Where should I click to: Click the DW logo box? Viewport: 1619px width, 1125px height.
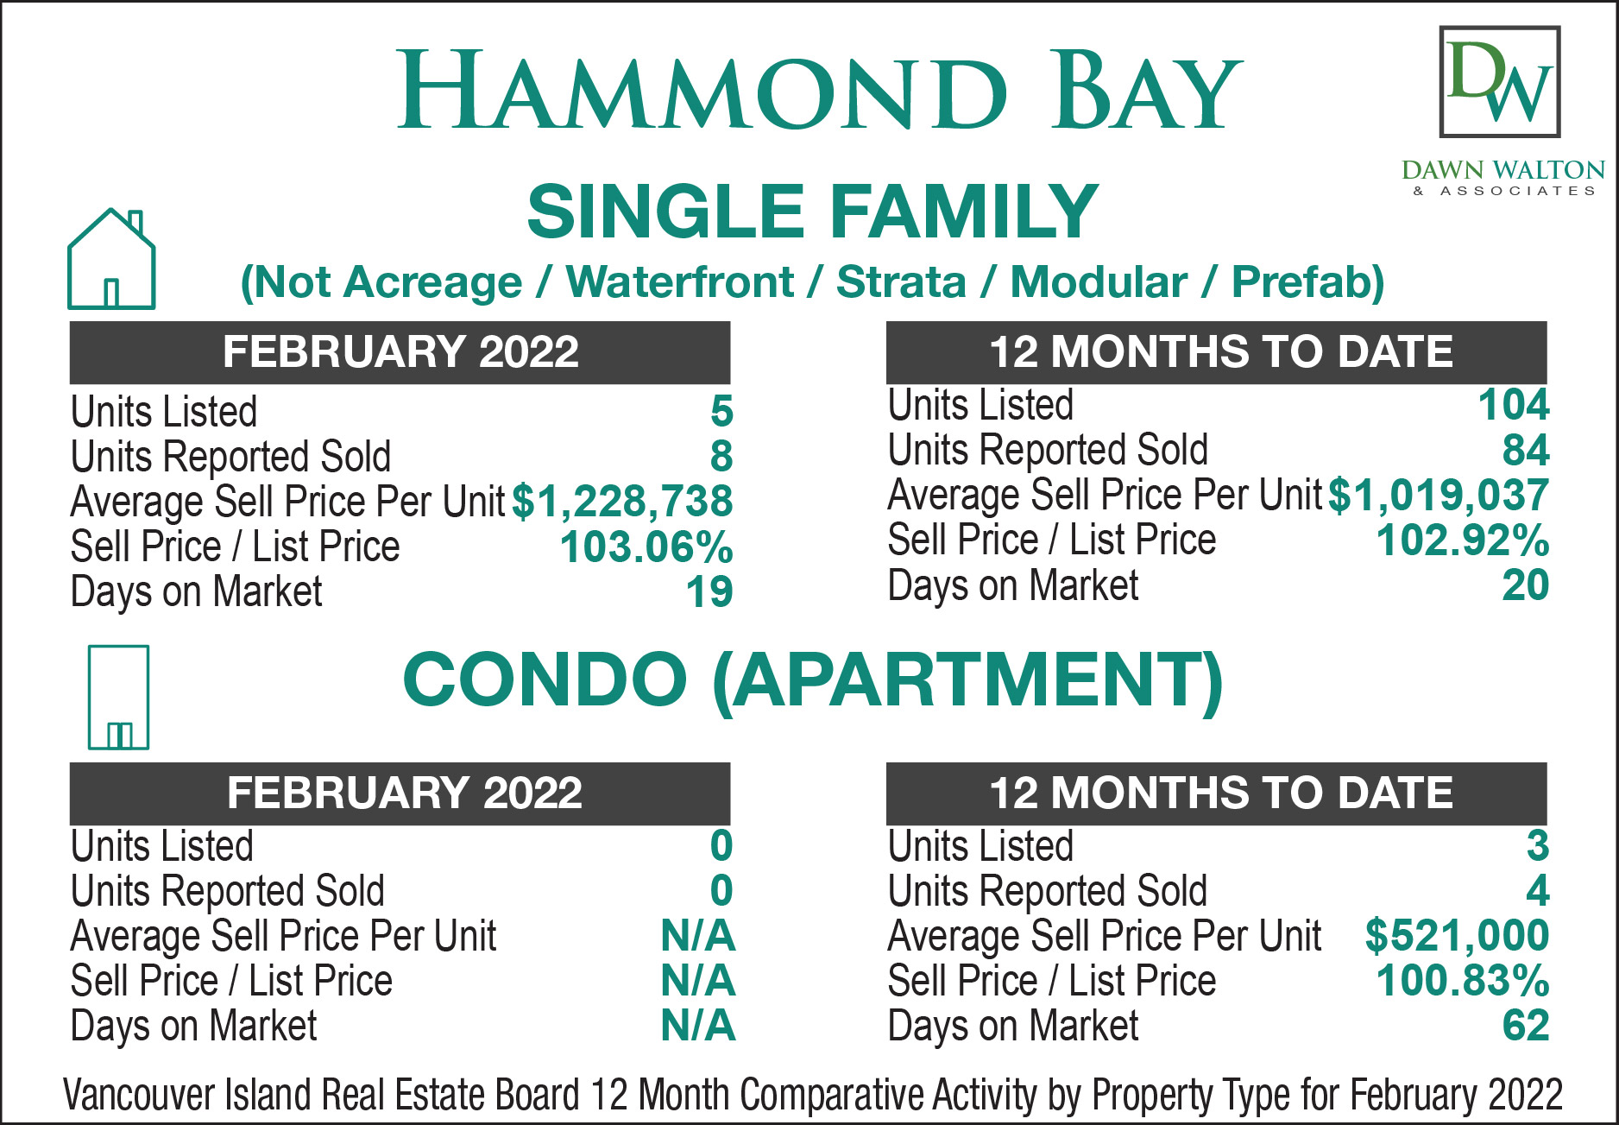[1500, 81]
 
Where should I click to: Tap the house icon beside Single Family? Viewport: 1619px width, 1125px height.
[111, 259]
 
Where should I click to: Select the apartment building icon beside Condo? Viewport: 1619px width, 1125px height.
[118, 698]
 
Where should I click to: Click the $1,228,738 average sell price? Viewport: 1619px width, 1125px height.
[622, 502]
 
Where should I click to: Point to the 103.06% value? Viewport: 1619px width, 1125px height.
[646, 547]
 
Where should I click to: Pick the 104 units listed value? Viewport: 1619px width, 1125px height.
[1514, 405]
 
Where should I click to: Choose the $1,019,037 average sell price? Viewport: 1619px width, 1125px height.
[1439, 496]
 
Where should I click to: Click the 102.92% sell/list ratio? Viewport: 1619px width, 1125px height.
[1463, 540]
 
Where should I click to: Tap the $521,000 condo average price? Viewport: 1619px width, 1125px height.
[1457, 936]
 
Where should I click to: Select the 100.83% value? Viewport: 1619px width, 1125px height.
[1463, 981]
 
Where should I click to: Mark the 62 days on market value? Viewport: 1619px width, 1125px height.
[1526, 1026]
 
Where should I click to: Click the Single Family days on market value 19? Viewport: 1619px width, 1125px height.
[709, 592]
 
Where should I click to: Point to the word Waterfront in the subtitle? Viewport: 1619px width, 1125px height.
[680, 282]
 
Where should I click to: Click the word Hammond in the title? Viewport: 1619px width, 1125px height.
[702, 90]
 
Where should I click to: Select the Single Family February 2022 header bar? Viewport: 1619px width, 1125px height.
[400, 352]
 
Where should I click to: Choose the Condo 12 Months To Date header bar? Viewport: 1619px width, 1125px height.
[1217, 793]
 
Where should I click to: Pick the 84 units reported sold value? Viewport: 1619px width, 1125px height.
[1526, 451]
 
